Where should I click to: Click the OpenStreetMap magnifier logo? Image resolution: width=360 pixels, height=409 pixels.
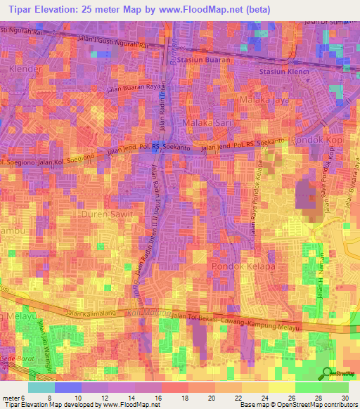(328, 372)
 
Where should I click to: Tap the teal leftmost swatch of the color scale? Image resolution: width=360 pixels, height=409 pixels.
(41, 387)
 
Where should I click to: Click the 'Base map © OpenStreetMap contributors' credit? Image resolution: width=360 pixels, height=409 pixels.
(298, 405)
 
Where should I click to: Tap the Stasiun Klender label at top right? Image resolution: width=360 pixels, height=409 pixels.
(285, 72)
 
